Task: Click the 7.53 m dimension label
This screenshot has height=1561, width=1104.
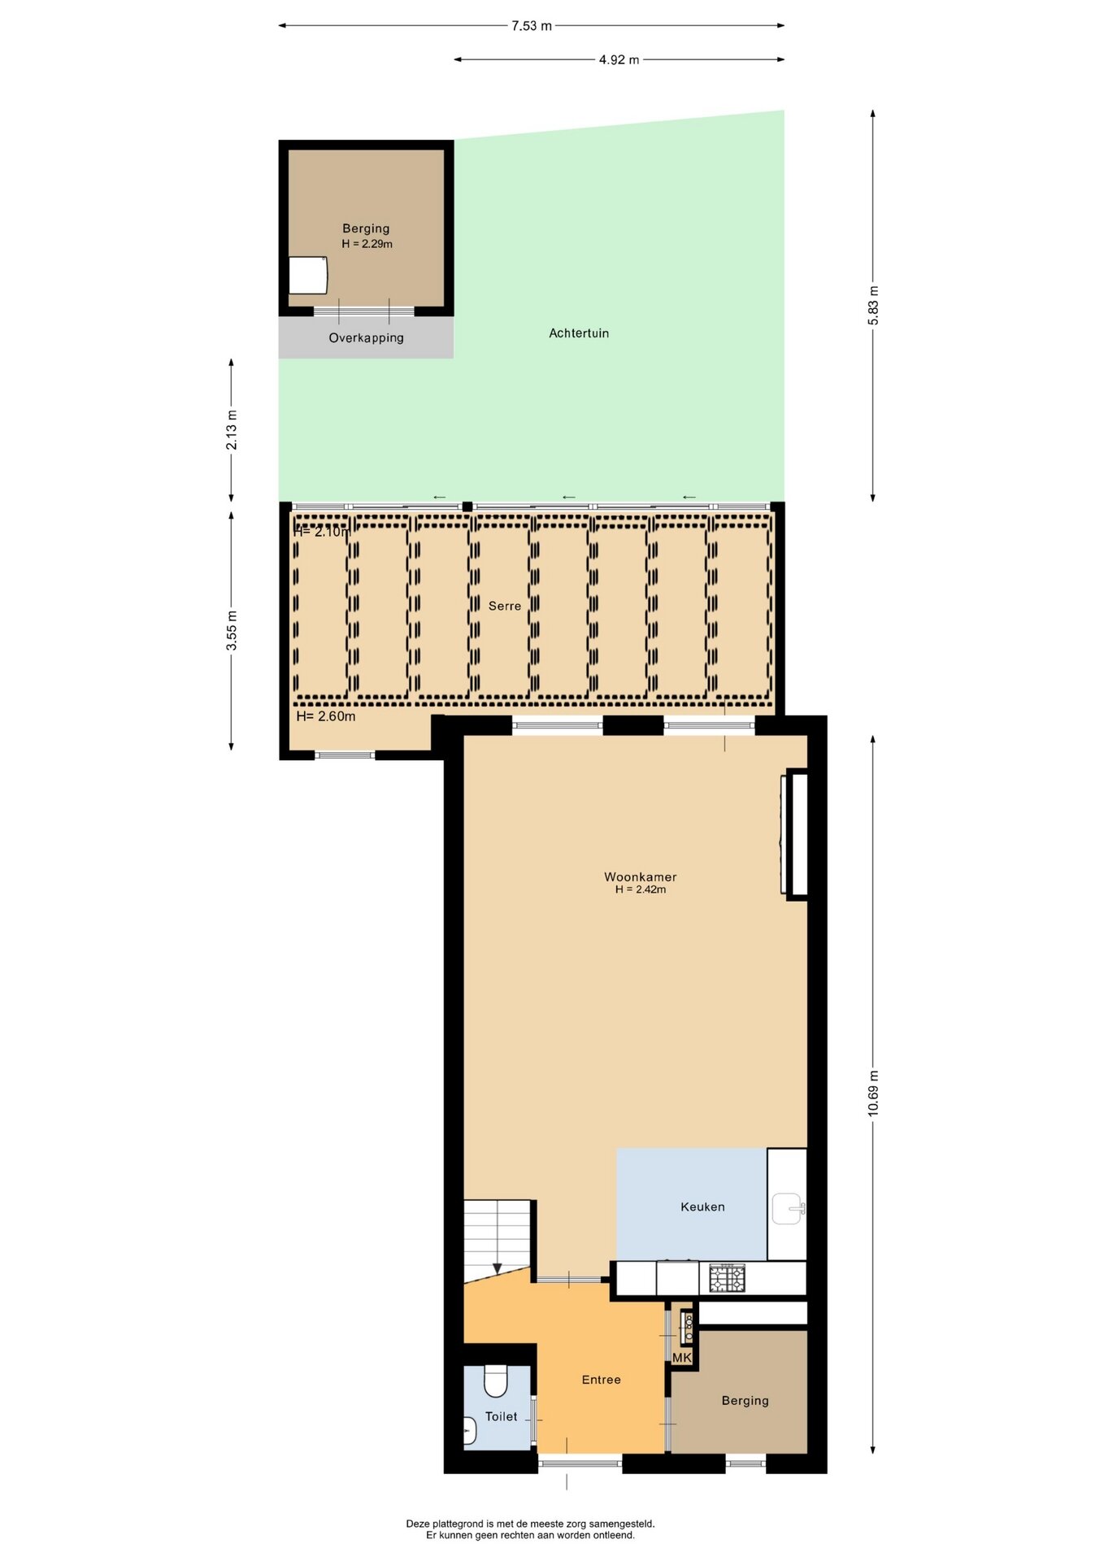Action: click(532, 26)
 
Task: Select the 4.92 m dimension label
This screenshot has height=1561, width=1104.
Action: click(619, 60)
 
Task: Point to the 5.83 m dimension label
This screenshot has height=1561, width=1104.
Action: click(873, 306)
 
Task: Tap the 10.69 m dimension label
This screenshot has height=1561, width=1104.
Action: click(873, 1093)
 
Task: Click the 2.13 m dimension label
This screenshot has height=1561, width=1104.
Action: click(232, 430)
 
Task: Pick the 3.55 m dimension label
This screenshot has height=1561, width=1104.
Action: click(232, 630)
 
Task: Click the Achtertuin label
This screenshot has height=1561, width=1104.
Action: click(579, 333)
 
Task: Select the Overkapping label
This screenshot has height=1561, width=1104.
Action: click(366, 338)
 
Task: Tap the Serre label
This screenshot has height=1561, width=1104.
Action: click(505, 606)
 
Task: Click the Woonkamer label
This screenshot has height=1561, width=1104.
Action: click(641, 876)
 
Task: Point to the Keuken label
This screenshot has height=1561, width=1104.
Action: click(702, 1207)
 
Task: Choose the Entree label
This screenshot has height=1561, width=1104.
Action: click(602, 1380)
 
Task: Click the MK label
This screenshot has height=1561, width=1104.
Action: click(682, 1358)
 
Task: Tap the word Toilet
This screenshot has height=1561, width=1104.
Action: click(501, 1416)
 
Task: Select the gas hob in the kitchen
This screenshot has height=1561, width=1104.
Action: click(727, 1278)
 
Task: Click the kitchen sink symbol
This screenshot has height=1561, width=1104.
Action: click(788, 1208)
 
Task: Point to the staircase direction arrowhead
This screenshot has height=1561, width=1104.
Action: click(498, 1269)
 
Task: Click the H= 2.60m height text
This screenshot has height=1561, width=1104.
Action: click(326, 716)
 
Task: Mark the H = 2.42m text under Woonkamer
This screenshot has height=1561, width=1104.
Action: click(641, 889)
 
